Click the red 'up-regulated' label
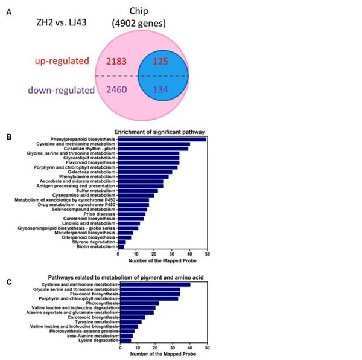tap(62, 62)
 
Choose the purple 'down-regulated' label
tap(60, 91)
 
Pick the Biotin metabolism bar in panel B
tap(121, 246)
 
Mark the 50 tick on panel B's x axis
tap(208, 255)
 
